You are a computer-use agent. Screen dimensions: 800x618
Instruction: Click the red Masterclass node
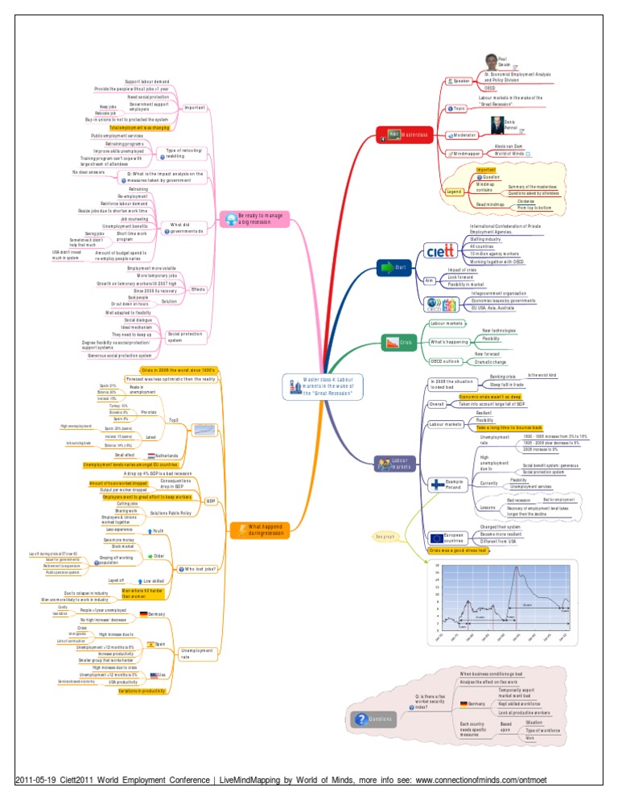(x=407, y=134)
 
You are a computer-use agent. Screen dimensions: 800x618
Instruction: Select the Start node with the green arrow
(x=395, y=266)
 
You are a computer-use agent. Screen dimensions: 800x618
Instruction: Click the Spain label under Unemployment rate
(x=160, y=645)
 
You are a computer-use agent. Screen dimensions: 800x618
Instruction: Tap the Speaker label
(x=461, y=80)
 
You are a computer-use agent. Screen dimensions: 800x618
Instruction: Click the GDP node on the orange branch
(x=210, y=500)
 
